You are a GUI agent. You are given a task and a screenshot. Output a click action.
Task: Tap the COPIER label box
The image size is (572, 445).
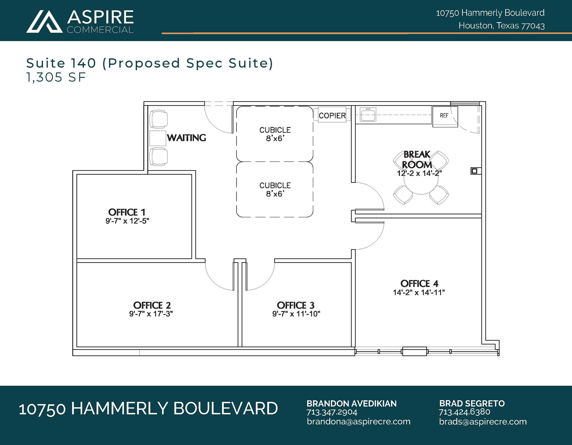click(332, 115)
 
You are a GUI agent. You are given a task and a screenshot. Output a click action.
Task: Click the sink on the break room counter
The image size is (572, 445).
click(368, 114)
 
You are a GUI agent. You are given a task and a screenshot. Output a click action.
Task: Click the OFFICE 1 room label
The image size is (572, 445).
click(127, 212)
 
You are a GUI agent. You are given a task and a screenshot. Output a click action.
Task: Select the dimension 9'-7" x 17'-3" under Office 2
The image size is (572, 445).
click(151, 314)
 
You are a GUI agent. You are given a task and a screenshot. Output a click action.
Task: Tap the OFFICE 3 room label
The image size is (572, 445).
click(295, 305)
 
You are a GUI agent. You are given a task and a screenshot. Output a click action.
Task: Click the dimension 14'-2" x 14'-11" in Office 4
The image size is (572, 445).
click(419, 293)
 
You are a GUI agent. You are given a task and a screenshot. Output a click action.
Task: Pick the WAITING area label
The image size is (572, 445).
click(187, 138)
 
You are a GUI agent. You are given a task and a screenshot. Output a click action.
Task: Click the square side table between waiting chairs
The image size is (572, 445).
click(158, 138)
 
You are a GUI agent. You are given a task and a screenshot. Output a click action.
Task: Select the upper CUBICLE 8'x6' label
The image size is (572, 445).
click(275, 134)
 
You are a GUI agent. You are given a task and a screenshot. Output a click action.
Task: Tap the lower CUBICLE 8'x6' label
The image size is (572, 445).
click(275, 190)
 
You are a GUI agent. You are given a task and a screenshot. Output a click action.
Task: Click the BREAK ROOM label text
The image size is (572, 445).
click(417, 159)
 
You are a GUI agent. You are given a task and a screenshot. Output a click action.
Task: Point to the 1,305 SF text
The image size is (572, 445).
click(56, 77)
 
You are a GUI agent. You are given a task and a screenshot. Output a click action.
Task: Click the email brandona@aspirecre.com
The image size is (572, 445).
click(358, 422)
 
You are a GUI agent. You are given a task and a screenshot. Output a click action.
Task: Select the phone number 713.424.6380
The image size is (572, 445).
click(464, 412)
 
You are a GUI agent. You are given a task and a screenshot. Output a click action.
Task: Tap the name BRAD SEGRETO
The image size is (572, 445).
click(472, 403)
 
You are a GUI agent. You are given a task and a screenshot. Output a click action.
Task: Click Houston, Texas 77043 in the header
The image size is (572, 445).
click(501, 26)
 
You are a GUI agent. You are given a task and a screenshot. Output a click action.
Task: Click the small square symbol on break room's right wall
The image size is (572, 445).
click(474, 171)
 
